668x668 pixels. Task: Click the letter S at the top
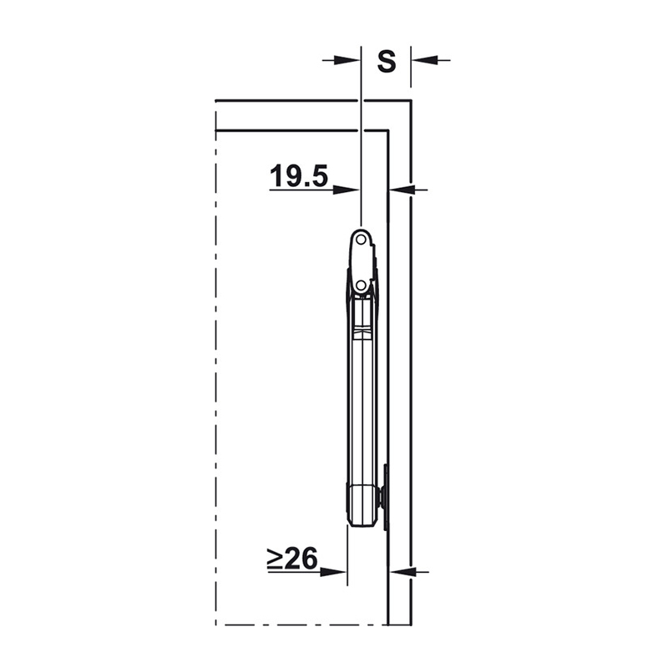387,61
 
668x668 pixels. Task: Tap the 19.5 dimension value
299,175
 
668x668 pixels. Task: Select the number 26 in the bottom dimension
301,559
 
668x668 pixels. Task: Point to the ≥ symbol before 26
275,559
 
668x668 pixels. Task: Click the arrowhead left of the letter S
347,60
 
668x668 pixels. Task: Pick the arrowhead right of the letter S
424,60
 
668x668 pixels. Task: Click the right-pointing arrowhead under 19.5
347,190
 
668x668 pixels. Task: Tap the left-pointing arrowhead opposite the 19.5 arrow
402,190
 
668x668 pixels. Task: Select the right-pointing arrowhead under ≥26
334,572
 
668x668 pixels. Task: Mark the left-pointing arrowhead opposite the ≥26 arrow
402,572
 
